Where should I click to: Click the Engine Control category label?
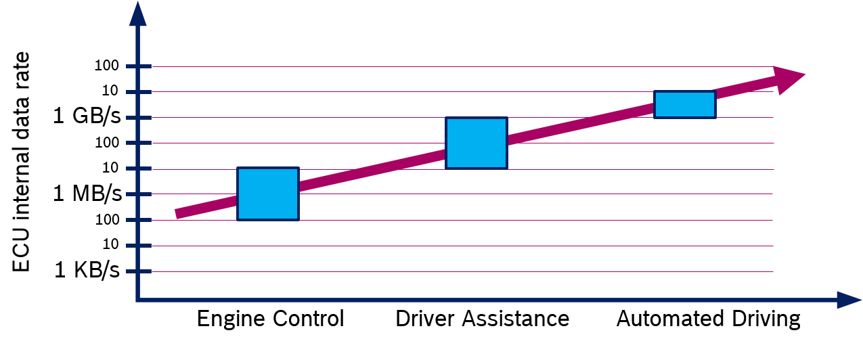(x=270, y=319)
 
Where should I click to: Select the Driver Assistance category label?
(x=483, y=319)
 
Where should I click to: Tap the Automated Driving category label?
(x=708, y=319)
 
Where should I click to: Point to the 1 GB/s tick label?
(x=87, y=116)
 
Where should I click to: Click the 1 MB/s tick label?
(x=87, y=193)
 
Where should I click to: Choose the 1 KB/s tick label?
(x=87, y=269)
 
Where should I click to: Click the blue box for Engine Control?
(x=268, y=194)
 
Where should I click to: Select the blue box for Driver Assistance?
(x=477, y=143)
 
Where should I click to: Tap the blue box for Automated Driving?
(x=685, y=104)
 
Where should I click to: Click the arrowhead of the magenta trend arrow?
(x=790, y=79)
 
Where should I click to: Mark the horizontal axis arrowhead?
(x=849, y=300)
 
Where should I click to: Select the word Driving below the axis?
(x=766, y=319)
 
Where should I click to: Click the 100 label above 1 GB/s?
(x=106, y=66)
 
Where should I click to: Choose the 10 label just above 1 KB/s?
(x=110, y=244)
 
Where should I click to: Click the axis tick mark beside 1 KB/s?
(x=139, y=271)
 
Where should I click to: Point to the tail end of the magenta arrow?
(x=177, y=214)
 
